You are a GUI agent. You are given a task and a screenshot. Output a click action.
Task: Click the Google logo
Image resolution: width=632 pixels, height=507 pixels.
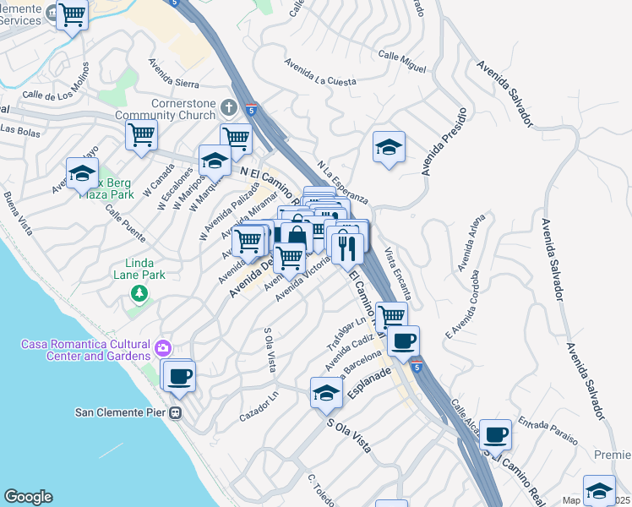pos(28,497)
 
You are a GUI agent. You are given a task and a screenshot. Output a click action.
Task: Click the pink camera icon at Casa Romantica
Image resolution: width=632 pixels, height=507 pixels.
pos(163,347)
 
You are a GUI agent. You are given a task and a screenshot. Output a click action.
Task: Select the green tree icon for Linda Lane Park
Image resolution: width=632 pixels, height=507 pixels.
pos(139,292)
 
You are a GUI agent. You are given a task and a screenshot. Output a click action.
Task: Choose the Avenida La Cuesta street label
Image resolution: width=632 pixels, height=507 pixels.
pos(320,71)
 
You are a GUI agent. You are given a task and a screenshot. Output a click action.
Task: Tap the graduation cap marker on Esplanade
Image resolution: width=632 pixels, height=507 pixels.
pos(327,393)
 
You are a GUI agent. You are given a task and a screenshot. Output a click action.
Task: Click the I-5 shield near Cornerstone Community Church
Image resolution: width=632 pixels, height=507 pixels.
pos(252,108)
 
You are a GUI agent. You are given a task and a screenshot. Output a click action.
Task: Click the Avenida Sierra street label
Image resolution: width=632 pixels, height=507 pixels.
pos(173,73)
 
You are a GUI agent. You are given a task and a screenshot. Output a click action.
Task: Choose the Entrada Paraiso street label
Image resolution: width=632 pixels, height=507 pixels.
pos(548,429)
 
